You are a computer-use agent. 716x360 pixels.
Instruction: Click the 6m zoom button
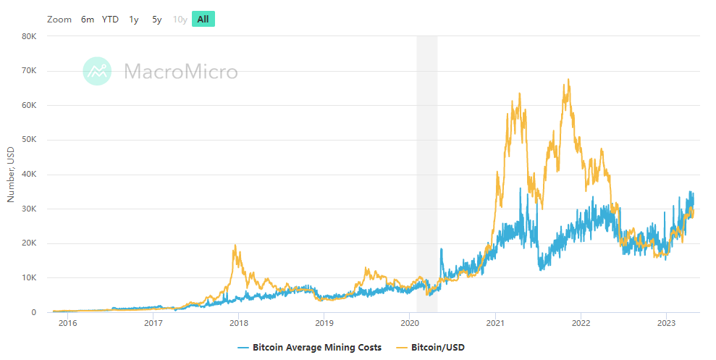tap(88, 20)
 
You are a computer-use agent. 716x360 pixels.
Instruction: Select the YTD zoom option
tap(110, 20)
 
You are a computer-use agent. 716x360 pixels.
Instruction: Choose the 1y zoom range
tap(134, 20)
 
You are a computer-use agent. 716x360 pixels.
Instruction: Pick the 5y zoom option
tap(157, 20)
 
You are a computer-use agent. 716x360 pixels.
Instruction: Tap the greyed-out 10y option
tap(180, 20)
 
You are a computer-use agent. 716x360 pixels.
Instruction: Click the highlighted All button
tap(203, 20)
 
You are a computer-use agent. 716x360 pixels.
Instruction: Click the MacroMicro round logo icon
tap(97, 71)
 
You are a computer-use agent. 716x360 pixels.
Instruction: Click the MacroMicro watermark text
tap(180, 72)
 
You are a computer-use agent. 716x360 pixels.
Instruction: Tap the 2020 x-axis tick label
tap(410, 322)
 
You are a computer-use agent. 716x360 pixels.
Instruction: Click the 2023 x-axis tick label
tap(667, 322)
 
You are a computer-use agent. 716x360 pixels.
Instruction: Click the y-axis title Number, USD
tap(11, 174)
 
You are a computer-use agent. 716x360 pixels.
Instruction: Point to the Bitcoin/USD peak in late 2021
tap(568, 80)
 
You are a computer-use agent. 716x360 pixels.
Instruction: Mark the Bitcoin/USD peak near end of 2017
tap(235, 246)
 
